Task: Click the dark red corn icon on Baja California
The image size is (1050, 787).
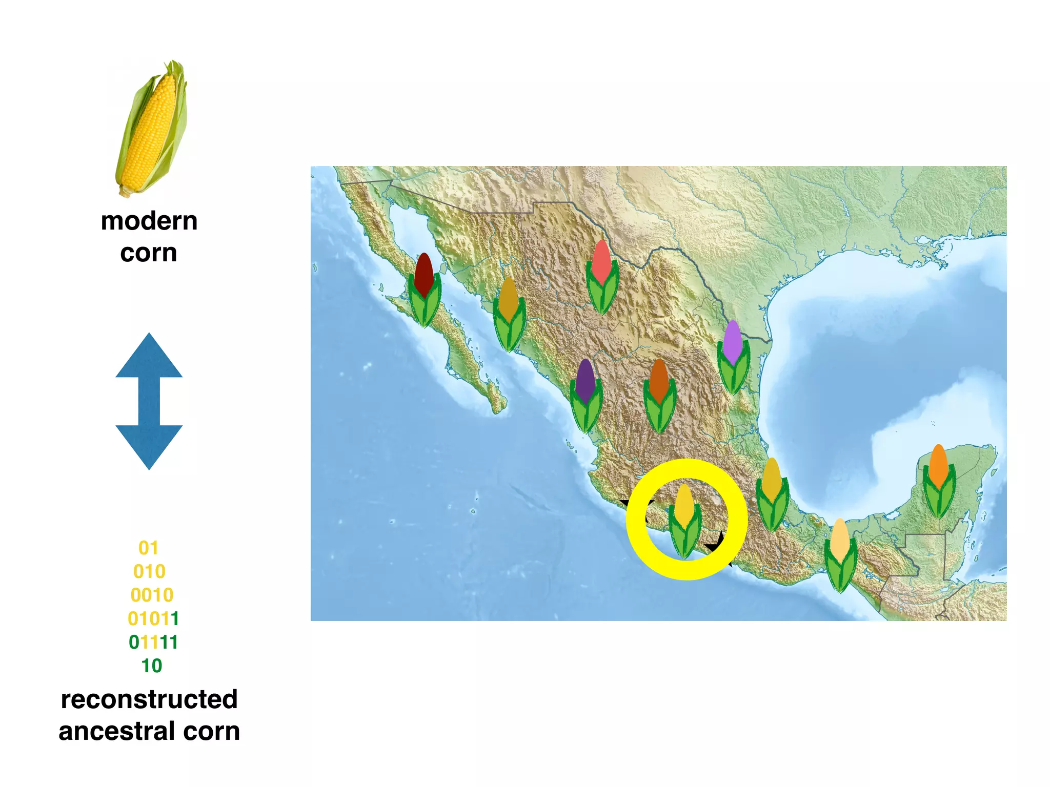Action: point(424,289)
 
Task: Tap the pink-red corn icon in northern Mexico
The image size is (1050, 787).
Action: point(602,277)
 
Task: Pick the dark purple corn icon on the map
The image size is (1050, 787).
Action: point(585,396)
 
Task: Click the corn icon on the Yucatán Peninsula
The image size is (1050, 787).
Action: point(939,481)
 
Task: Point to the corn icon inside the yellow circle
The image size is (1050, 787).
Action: point(685,520)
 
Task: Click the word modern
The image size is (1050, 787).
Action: point(149,221)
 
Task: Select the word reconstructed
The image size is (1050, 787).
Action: point(149,699)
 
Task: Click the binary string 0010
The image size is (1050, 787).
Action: point(152,595)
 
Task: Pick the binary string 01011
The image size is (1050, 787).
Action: point(153,618)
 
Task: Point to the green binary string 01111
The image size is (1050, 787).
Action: point(153,642)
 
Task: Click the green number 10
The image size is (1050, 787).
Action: point(152,666)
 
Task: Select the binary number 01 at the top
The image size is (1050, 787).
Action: point(148,548)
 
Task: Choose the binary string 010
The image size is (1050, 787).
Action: point(149,571)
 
